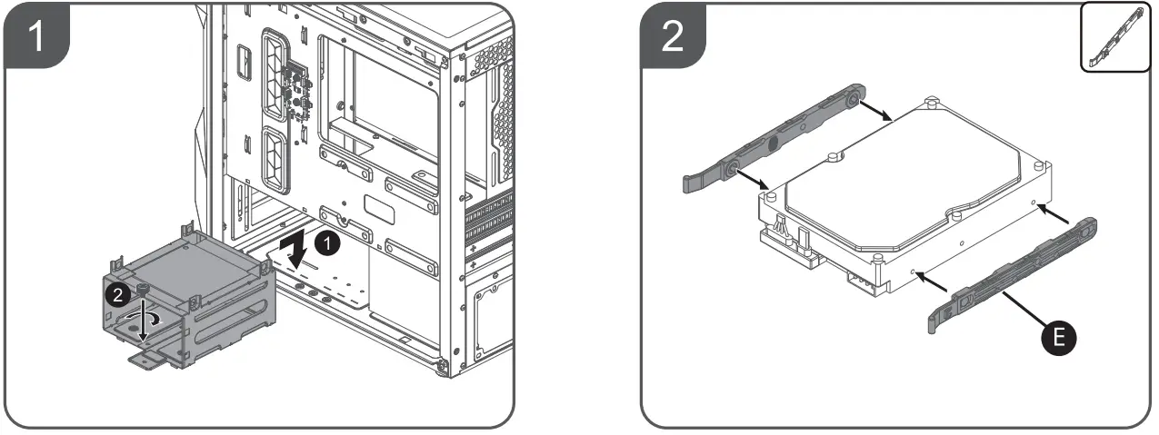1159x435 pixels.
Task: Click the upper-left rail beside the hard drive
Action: pos(773,136)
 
